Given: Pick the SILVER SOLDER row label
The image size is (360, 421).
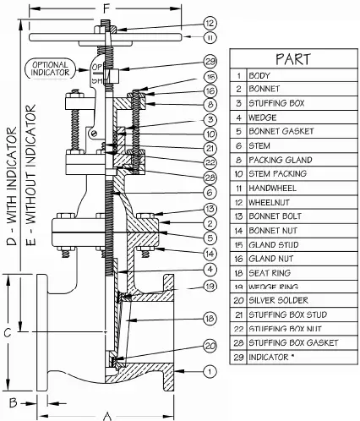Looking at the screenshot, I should (x=279, y=300).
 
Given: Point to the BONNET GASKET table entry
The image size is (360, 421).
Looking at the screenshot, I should (x=280, y=131).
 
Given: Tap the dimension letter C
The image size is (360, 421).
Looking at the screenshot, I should (x=7, y=333).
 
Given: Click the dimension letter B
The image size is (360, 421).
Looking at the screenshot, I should (x=13, y=398).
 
